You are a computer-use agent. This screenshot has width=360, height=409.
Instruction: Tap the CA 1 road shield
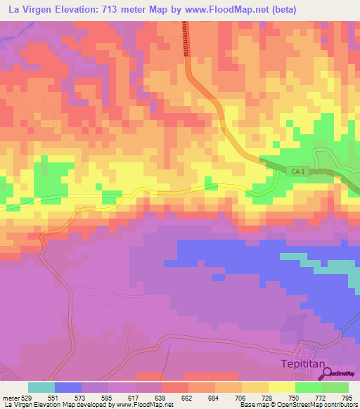coord(298,171)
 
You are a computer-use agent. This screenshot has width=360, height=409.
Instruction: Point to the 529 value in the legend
coord(28,397)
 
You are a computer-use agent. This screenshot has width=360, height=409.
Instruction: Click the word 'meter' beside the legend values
coord(11,397)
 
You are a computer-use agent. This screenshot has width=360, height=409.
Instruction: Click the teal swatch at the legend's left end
coord(41,387)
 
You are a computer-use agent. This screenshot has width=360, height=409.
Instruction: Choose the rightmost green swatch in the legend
coord(335,387)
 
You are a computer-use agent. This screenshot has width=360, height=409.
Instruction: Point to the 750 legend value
coord(295,397)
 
